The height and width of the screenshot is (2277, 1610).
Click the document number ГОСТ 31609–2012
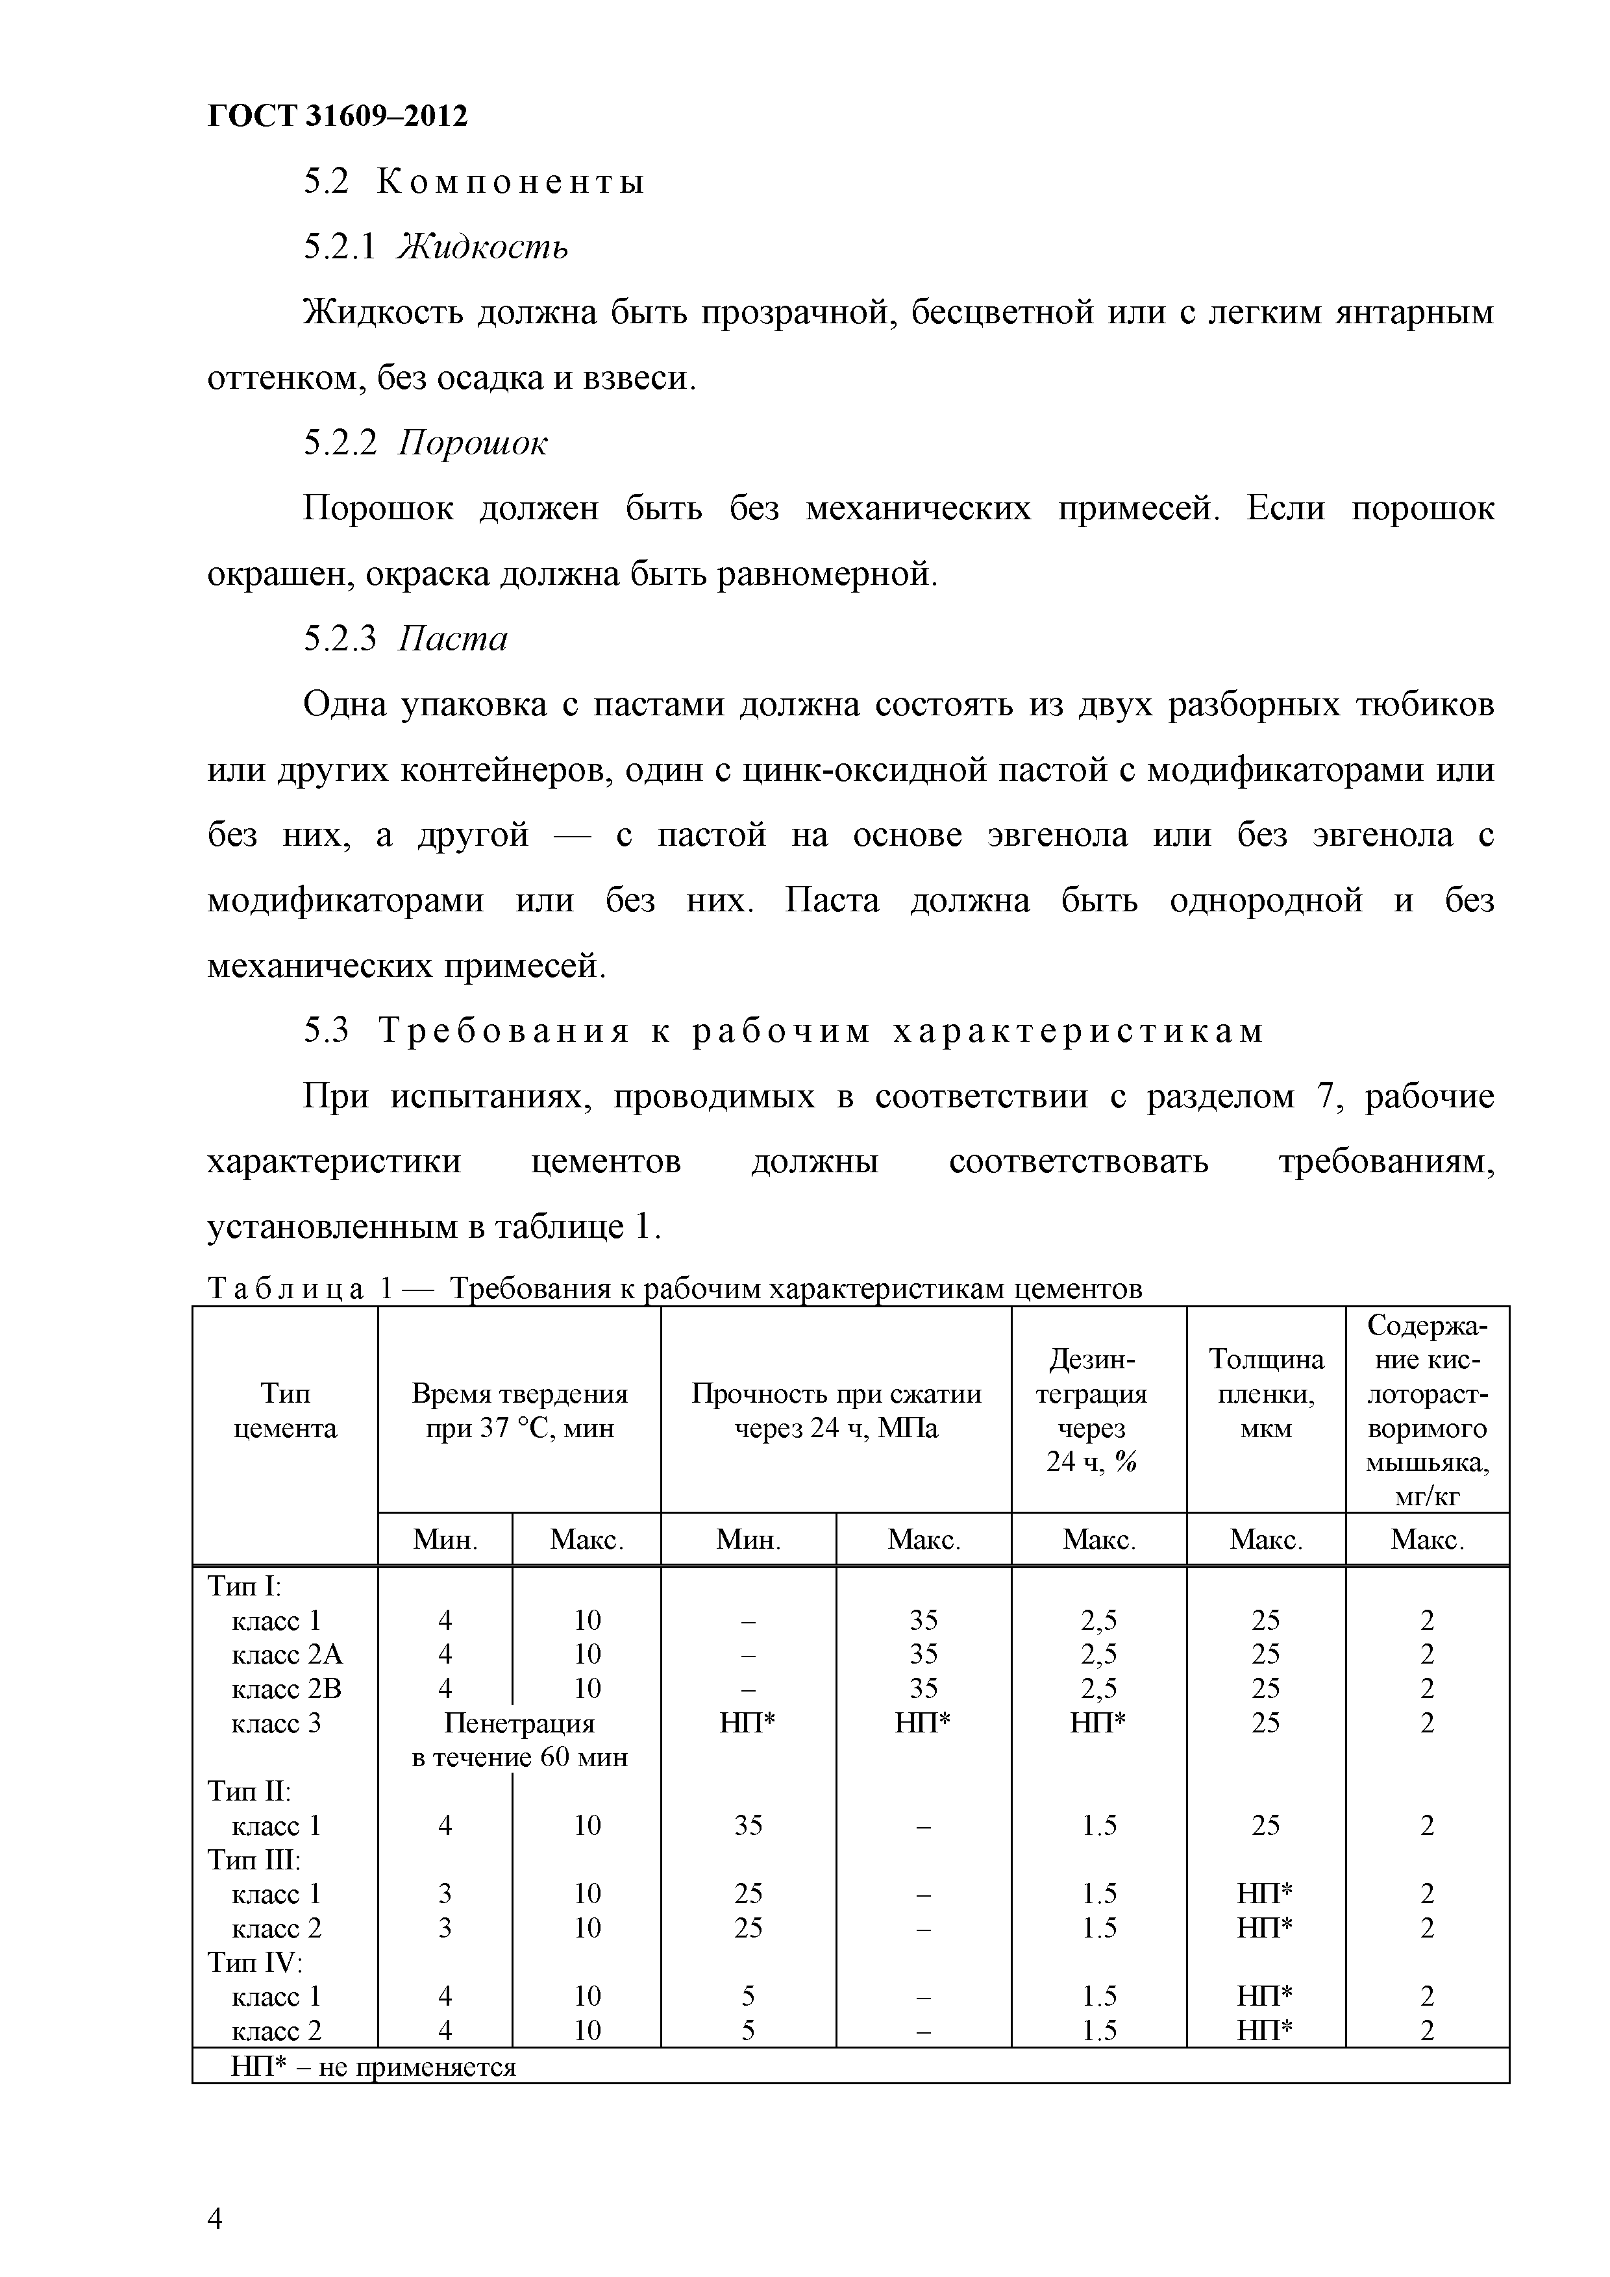(338, 116)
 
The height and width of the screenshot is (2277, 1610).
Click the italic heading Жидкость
(482, 247)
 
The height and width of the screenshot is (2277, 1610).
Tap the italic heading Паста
(452, 639)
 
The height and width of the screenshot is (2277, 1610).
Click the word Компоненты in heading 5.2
(512, 182)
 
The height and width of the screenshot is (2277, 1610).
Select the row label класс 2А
(287, 1654)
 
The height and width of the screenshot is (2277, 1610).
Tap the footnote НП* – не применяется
(373, 2068)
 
